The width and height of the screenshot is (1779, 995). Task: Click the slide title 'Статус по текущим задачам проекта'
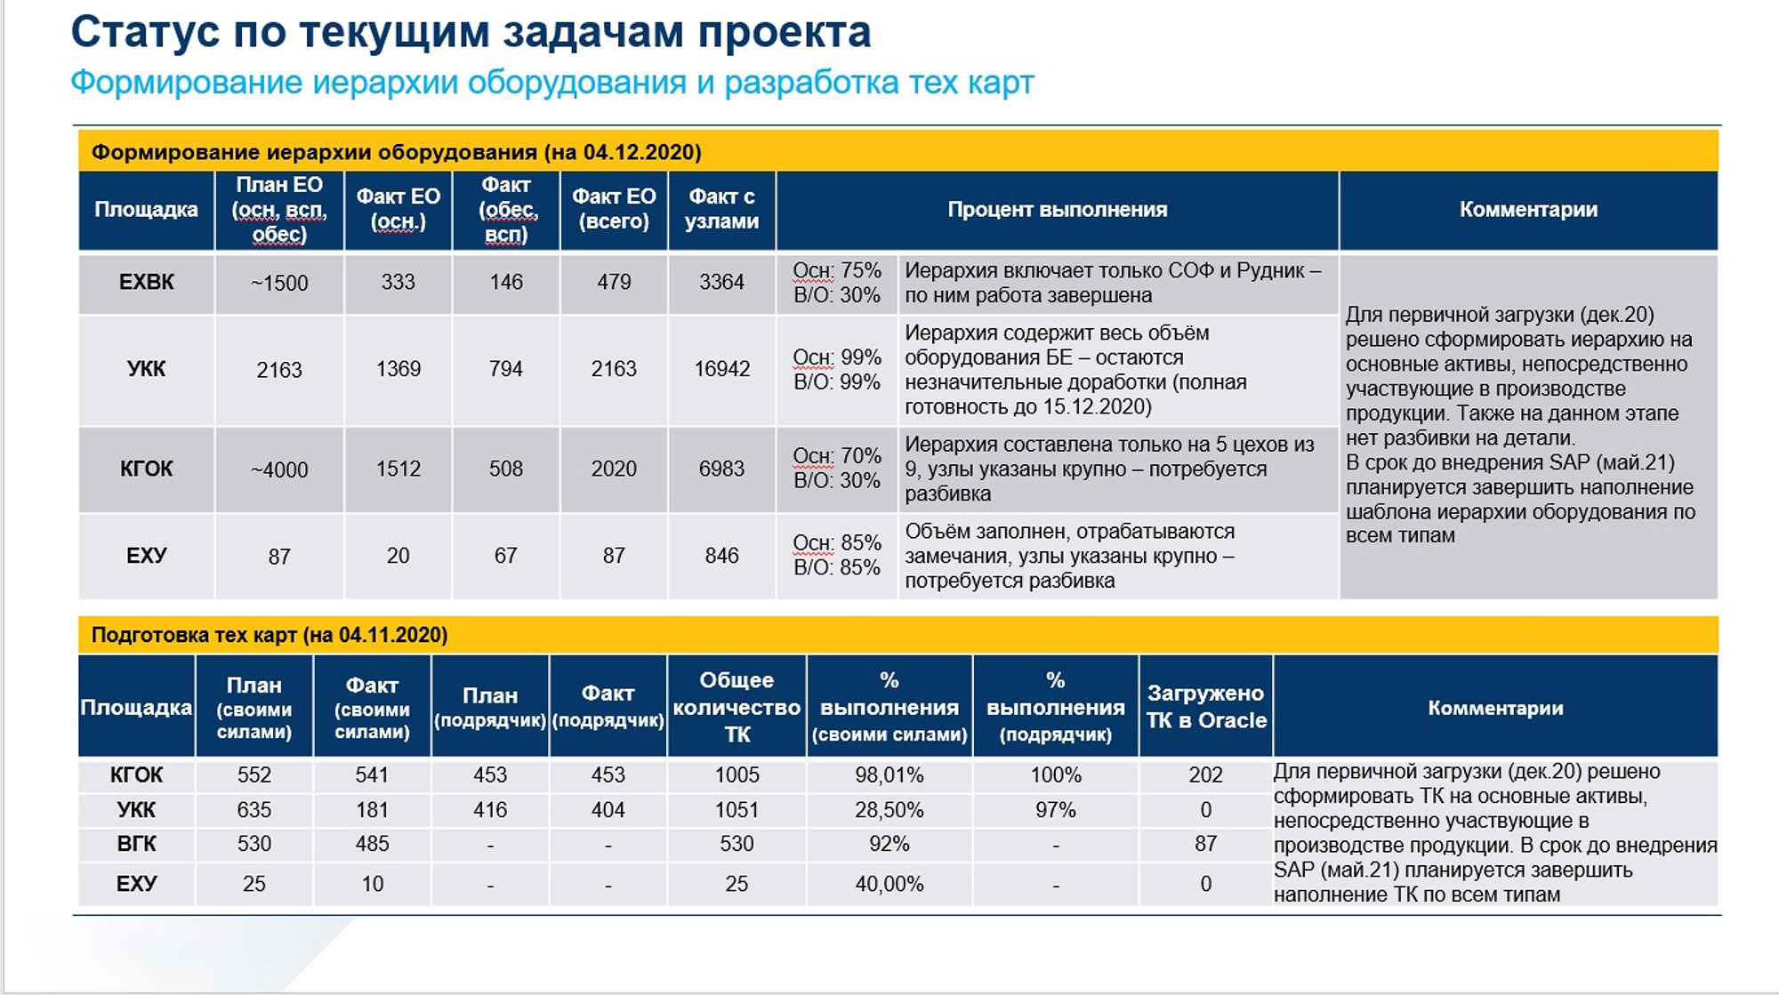471,32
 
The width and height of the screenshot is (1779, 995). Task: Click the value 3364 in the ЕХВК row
721,282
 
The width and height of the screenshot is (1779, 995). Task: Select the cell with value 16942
721,369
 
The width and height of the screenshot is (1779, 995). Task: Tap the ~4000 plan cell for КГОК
279,469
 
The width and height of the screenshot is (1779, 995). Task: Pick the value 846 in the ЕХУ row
721,556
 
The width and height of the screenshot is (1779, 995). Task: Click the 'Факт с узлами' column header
721,209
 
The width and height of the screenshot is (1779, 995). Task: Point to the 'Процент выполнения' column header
1057,210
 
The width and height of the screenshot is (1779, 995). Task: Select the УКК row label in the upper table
146,369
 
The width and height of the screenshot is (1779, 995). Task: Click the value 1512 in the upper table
398,469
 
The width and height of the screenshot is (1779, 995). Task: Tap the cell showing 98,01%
889,775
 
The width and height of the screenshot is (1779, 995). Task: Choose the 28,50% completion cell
889,810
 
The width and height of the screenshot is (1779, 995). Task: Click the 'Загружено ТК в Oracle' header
1205,707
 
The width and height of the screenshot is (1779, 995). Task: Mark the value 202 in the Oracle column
1205,775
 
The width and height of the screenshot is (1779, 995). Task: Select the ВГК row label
136,844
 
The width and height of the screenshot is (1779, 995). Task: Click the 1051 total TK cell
737,810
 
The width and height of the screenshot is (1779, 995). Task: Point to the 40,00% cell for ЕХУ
889,884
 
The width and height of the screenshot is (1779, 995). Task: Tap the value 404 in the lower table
608,810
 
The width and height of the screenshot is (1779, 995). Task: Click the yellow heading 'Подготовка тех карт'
270,635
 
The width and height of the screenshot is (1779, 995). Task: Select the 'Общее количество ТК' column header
737,707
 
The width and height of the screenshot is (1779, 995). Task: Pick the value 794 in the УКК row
505,369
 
